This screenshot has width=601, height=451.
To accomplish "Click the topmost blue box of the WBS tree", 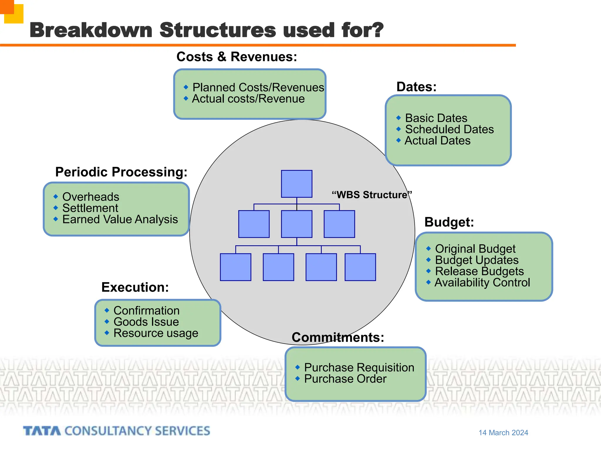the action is (296, 184).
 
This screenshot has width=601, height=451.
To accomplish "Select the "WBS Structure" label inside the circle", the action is (372, 195).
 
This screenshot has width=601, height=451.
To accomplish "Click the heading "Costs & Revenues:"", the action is (237, 57).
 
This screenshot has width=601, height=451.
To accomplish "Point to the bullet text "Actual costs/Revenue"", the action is (248, 99).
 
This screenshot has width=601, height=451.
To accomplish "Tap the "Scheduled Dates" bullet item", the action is (449, 129).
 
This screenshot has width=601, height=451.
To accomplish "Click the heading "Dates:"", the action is (416, 87).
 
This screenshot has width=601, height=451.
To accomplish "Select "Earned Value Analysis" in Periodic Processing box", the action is (120, 220).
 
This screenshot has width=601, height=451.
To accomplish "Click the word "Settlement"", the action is (90, 208).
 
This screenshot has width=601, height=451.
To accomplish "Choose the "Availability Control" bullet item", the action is (482, 283).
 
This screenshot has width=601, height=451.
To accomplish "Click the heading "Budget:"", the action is (449, 222).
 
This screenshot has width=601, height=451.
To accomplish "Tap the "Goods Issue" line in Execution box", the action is (146, 322).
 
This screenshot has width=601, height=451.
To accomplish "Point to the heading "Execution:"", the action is (135, 287).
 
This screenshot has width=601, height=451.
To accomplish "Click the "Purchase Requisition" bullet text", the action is (359, 368).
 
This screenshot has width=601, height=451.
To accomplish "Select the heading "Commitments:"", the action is (338, 337).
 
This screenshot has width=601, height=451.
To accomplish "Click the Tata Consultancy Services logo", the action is (117, 431).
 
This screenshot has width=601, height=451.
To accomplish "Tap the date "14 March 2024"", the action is (503, 433).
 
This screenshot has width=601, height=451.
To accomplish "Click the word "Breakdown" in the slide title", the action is (91, 30).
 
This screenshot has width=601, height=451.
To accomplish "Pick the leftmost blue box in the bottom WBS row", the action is (235, 267).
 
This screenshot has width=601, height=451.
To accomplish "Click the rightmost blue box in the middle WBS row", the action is (339, 224).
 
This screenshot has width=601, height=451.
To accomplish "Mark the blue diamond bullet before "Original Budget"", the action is (428, 249).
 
